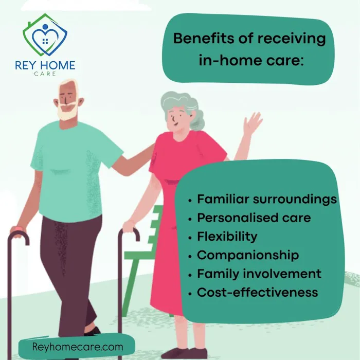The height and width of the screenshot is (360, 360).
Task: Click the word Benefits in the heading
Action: [x=197, y=39]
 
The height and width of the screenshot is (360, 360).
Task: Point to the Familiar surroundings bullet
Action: [x=267, y=199]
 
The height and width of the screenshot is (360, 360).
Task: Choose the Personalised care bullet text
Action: [x=254, y=218]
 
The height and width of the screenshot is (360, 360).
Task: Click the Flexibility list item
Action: [x=227, y=237]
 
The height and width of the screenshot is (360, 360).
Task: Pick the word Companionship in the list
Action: [x=247, y=255]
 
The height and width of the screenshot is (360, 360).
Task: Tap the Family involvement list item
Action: [x=259, y=274]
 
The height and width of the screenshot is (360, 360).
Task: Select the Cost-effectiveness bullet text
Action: [x=257, y=293]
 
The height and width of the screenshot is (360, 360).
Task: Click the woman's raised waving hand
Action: [x=253, y=123]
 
